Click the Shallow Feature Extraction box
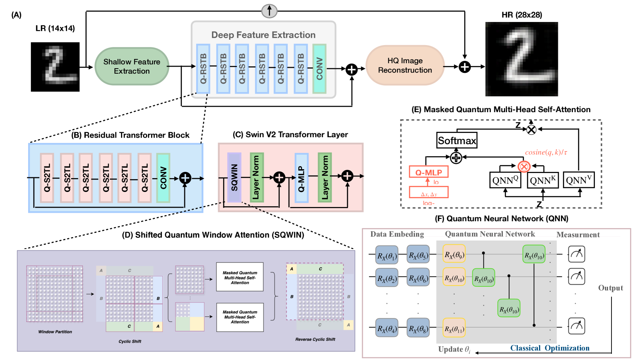(132, 66)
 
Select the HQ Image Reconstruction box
(405, 66)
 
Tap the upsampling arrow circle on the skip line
(269, 11)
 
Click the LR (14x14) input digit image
(55, 67)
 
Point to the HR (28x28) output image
(521, 59)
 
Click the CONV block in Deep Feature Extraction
(319, 69)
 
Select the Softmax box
(457, 140)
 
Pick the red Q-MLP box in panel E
(428, 172)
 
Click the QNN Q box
(505, 180)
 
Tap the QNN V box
(578, 180)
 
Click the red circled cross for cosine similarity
(524, 167)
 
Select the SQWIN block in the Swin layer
(234, 177)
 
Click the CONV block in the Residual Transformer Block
(163, 178)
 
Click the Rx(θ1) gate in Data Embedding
(387, 255)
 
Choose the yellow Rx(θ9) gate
(454, 254)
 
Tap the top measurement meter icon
(576, 254)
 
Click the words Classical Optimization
(550, 348)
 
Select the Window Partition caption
(55, 331)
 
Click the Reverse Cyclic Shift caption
(315, 339)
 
